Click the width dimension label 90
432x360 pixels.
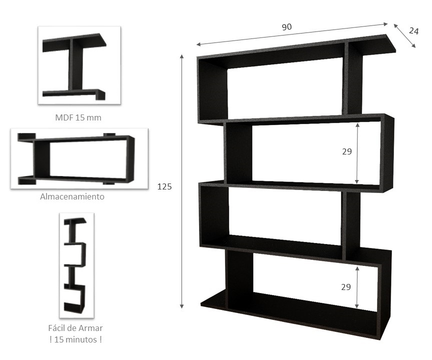coord(286,27)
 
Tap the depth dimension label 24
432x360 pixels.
coord(413,30)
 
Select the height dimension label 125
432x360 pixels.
coord(164,186)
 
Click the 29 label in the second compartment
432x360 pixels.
coord(347,151)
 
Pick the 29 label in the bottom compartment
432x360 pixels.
coord(346,287)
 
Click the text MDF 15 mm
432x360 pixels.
coord(79,118)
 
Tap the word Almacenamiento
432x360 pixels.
coord(72,196)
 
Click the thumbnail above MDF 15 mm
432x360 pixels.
coord(79,65)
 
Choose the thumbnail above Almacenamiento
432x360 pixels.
coord(79,158)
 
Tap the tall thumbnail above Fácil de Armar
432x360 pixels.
coord(76,265)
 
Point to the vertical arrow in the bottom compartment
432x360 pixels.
coord(356,287)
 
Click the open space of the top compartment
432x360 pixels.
coord(285,90)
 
